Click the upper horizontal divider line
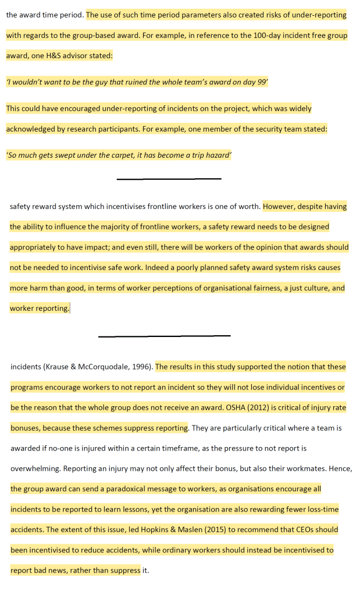tap(169, 179)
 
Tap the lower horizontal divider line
tap(164, 336)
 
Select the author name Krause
tap(59, 367)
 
